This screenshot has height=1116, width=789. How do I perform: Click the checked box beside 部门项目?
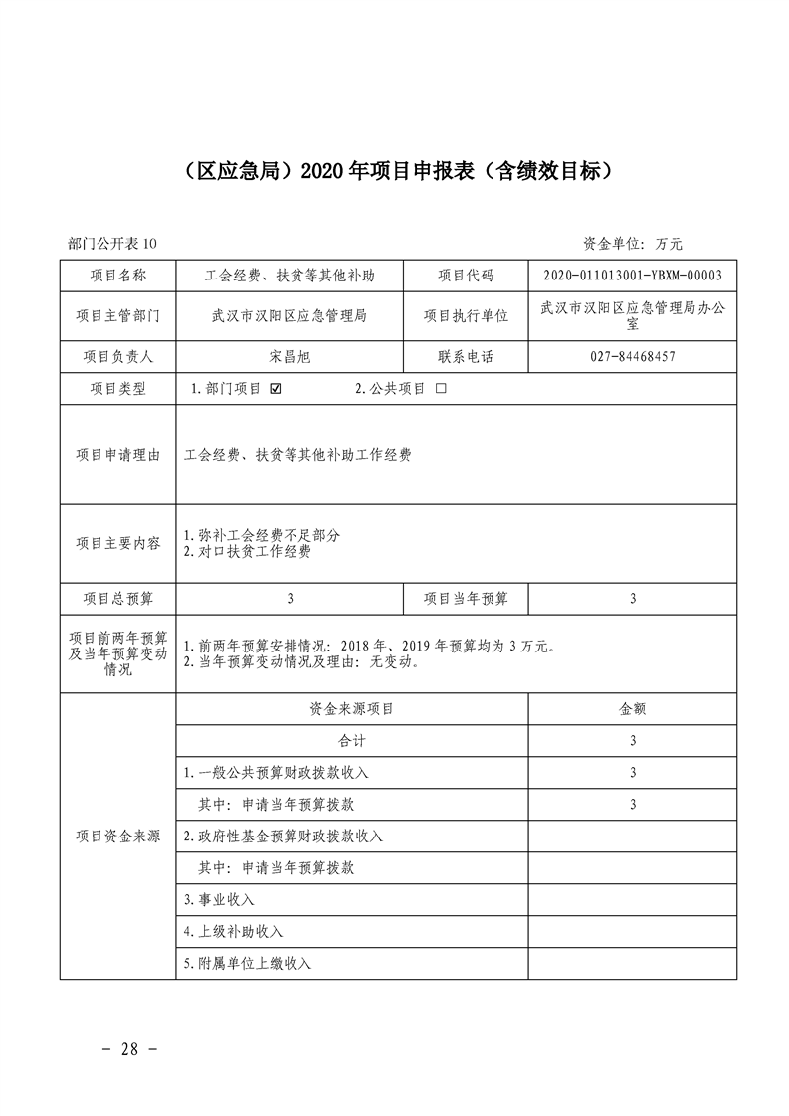276,389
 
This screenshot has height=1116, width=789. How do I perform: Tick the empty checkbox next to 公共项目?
441,389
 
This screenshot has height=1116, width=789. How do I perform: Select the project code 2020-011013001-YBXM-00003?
633,276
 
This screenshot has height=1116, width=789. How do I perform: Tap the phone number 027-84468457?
633,356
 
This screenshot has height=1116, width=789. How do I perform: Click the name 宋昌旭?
290,356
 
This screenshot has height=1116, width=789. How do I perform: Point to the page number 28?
131,1049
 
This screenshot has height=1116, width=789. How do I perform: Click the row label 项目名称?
117,276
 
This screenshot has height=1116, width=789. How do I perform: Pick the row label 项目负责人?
117,356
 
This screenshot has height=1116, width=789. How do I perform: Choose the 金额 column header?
633,709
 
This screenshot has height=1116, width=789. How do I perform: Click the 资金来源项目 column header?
352,709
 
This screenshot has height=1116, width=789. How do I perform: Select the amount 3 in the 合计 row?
633,741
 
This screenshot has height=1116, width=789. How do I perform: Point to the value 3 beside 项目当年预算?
633,599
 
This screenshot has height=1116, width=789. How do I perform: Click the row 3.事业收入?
220,899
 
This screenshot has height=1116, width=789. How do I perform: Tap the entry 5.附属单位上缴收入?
248,963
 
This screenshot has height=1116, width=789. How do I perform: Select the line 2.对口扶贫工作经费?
248,551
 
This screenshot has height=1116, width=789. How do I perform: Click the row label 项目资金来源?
117,836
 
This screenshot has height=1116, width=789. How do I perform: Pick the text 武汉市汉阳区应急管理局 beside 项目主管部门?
290,316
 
